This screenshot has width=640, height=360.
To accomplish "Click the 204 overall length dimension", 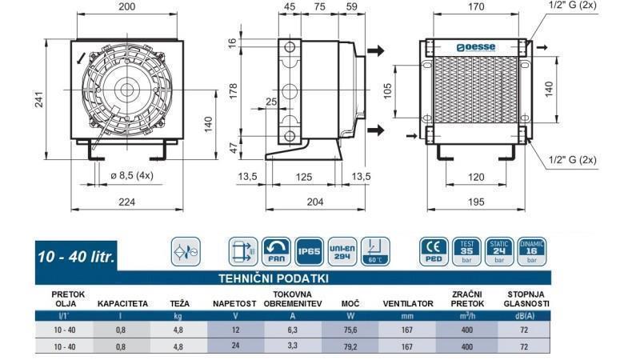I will [x=315, y=202].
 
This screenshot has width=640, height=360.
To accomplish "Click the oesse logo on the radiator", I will [x=477, y=47].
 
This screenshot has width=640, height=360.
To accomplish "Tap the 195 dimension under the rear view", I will [x=476, y=202].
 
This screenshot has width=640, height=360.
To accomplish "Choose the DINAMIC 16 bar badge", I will [x=531, y=251].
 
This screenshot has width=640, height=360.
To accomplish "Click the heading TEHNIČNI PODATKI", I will [x=274, y=278].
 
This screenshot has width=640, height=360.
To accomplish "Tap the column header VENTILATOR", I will [x=409, y=304].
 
